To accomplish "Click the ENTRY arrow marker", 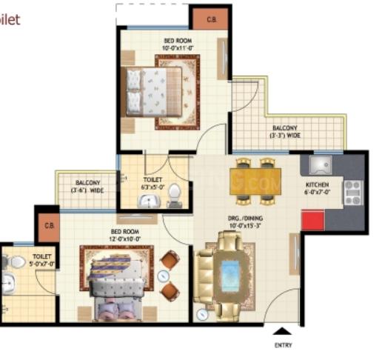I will pyautogui.click(x=281, y=330).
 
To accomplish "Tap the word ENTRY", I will pyautogui.click(x=281, y=345).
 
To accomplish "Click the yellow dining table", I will pyautogui.click(x=255, y=181).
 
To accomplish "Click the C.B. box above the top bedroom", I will pyautogui.click(x=211, y=19).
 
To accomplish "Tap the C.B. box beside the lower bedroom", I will pyautogui.click(x=48, y=226).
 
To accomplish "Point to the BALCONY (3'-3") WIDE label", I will pyautogui.click(x=284, y=132).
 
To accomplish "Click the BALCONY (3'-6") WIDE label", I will pyautogui.click(x=87, y=187).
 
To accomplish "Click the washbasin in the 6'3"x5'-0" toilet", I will pyautogui.click(x=150, y=201).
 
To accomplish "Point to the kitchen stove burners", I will pyautogui.click(x=352, y=192).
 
